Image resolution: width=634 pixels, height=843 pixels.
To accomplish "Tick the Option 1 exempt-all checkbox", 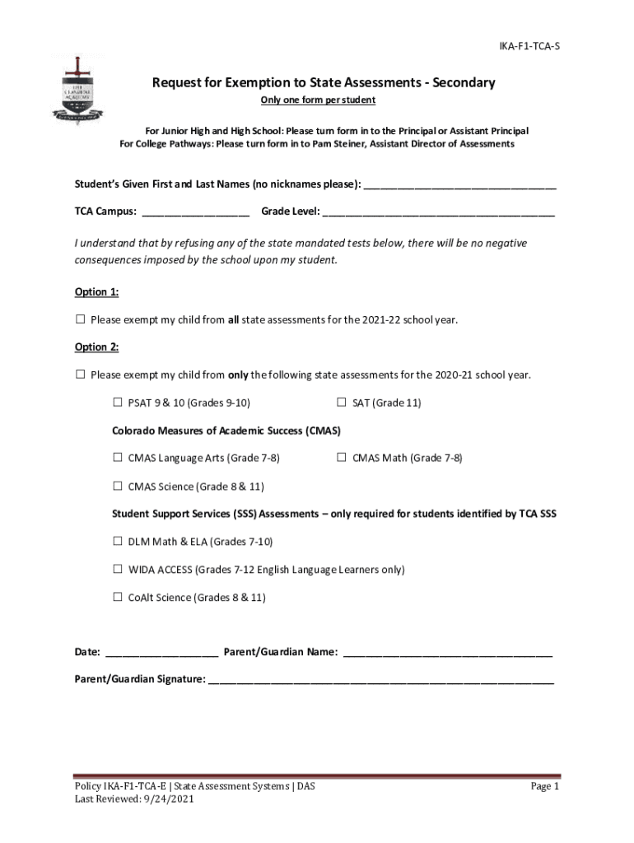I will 81,319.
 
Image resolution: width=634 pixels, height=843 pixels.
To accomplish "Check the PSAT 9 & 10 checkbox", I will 118,403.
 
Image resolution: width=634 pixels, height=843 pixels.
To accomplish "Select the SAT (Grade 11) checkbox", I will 342,403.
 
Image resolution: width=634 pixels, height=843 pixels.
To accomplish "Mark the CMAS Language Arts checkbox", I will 118,458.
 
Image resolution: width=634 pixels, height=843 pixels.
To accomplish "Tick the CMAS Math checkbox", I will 342,458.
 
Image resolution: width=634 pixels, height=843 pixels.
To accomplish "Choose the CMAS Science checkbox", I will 118,486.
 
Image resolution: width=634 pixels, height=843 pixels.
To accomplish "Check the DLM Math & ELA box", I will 118,542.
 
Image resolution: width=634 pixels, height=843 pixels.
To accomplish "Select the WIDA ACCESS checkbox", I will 118,569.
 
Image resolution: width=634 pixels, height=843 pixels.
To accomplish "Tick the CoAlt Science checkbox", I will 118,597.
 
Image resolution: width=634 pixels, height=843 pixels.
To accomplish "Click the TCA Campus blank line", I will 195,213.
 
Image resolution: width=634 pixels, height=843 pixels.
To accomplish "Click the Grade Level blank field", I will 439,213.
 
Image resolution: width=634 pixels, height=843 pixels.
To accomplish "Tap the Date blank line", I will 161,654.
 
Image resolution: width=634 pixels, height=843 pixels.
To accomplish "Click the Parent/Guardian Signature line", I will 381,682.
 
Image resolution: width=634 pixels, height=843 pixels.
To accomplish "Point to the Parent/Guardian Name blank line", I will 447,654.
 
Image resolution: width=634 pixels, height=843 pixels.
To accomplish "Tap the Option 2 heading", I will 96,347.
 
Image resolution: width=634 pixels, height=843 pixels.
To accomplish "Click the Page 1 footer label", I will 544,786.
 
